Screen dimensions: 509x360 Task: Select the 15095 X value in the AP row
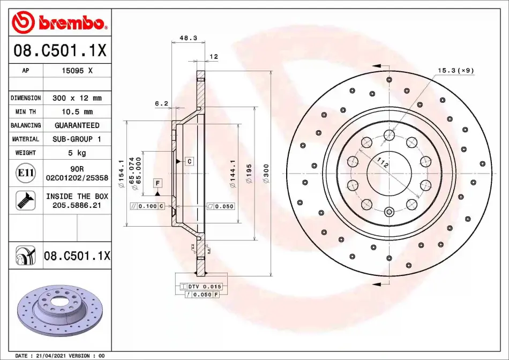coord(77,70)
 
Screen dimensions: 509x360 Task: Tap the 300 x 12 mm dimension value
coord(77,98)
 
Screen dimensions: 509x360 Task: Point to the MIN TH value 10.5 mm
coord(77,111)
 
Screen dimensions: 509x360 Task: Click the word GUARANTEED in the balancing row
coord(77,125)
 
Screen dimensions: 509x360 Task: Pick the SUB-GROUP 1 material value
coord(77,139)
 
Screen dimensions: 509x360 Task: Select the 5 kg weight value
coord(77,153)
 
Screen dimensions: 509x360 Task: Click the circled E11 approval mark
coord(26,173)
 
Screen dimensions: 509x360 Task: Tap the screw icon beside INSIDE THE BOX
coord(26,200)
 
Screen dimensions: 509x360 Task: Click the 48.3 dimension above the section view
coord(188,37)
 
